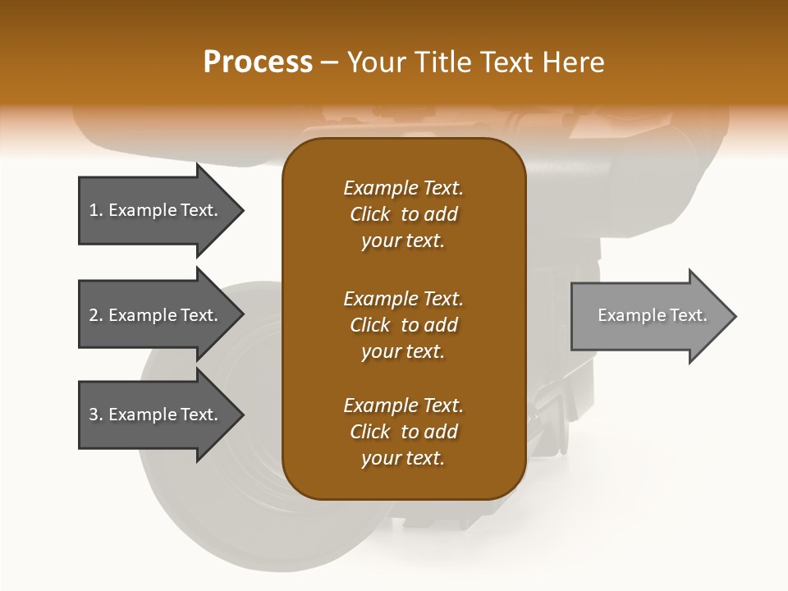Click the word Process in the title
coord(258,62)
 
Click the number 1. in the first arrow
coord(96,210)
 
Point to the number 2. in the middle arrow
coord(96,315)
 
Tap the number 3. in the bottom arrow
coord(96,415)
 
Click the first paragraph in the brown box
coord(403,214)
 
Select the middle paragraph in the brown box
coord(403,325)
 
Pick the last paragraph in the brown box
coord(403,432)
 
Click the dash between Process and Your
coord(330,62)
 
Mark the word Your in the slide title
coord(374,62)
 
